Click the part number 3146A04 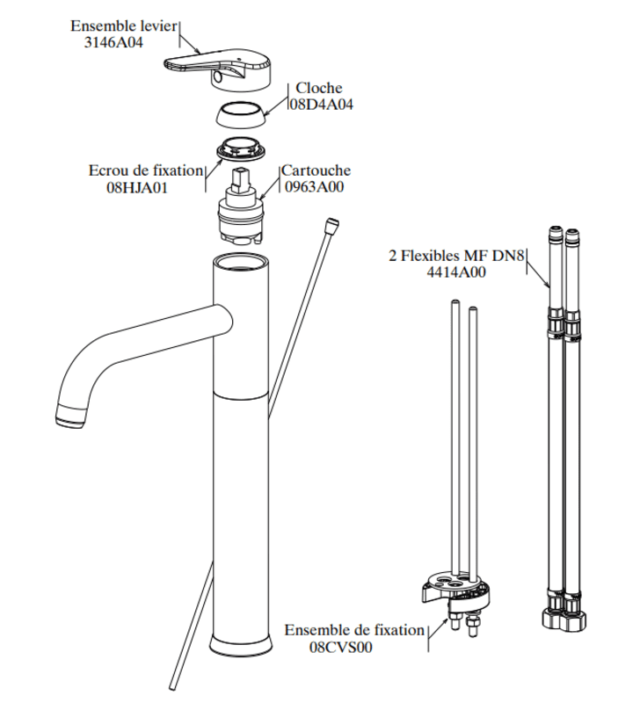click(113, 42)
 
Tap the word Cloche click(319, 88)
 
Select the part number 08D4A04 click(322, 105)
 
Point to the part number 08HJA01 click(137, 187)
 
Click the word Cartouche click(316, 170)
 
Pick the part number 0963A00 click(315, 186)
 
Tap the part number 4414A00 click(456, 272)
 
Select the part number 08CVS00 click(341, 647)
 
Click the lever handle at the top click(218, 70)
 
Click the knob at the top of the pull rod click(331, 224)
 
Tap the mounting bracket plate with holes click(455, 587)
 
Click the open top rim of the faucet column click(241, 262)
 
